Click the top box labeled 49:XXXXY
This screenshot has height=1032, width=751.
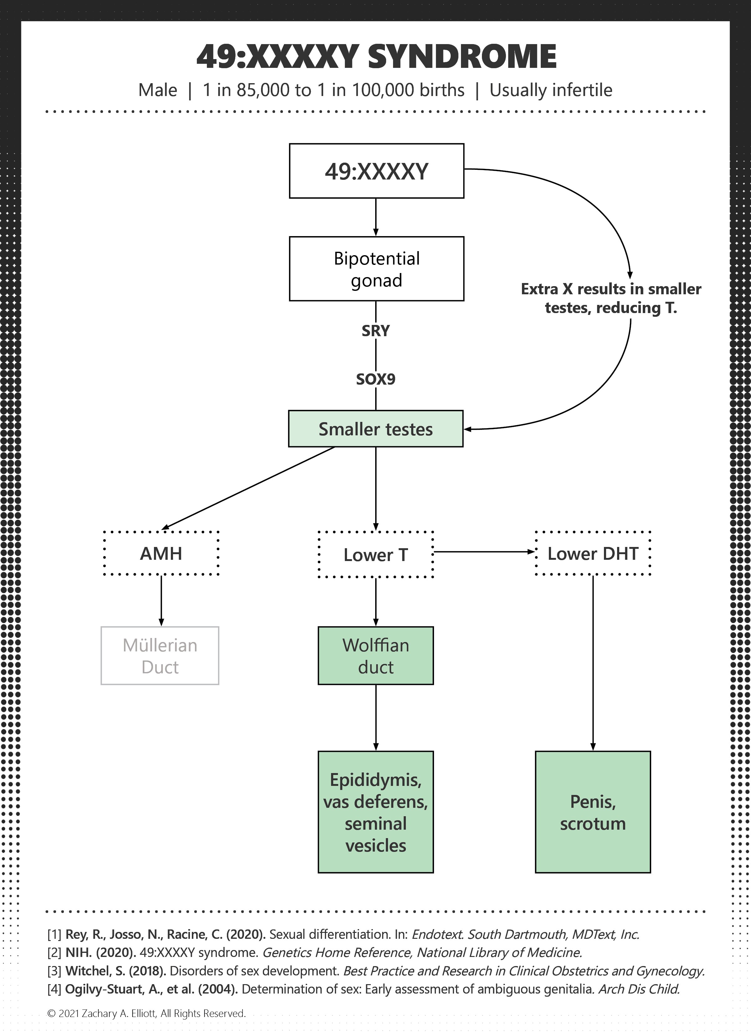point(377,171)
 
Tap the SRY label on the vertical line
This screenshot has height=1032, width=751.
point(376,331)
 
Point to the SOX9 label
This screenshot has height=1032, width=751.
point(376,379)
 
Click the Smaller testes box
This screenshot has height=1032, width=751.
point(376,429)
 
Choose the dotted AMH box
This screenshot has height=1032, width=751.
point(161,553)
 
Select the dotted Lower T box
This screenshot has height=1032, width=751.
point(376,554)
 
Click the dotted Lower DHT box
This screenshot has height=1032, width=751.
point(593,553)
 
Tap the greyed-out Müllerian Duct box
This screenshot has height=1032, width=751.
point(160,656)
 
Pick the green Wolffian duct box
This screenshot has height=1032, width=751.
point(376,656)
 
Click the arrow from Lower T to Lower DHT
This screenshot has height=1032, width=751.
point(484,552)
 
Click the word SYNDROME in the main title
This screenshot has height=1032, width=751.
point(462,57)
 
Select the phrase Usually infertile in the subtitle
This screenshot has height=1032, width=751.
point(551,90)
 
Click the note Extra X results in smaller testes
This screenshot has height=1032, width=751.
point(611,298)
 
